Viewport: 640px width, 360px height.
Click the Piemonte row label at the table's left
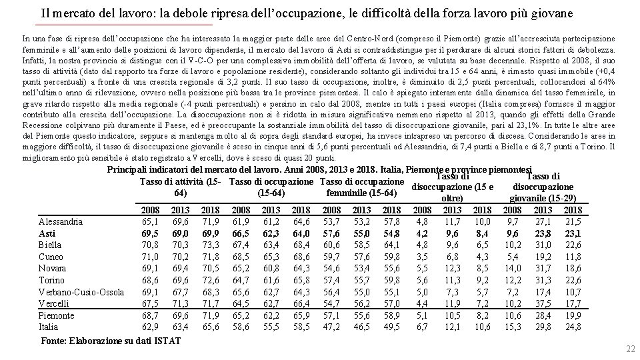(x=57, y=315)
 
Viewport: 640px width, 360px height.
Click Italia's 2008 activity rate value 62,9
(x=151, y=327)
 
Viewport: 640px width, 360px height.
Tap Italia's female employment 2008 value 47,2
(x=331, y=327)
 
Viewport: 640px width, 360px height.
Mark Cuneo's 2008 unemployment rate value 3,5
(x=421, y=256)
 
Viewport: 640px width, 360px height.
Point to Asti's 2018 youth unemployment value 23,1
(x=573, y=233)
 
